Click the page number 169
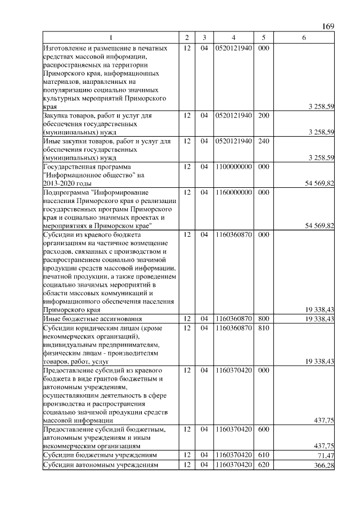pyautogui.click(x=328, y=26)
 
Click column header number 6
pyautogui.click(x=304, y=38)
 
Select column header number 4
pyautogui.click(x=233, y=38)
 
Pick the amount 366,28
pyautogui.click(x=323, y=465)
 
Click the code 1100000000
pyautogui.click(x=233, y=167)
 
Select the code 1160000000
pyautogui.click(x=233, y=192)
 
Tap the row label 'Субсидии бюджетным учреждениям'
pyautogui.click(x=100, y=454)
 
